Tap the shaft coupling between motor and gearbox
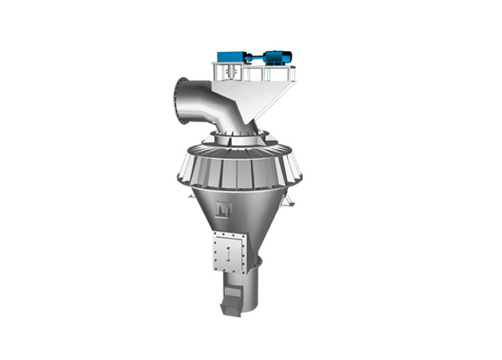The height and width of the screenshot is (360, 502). (251, 58)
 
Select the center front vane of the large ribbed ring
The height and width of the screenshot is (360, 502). (248, 171)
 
